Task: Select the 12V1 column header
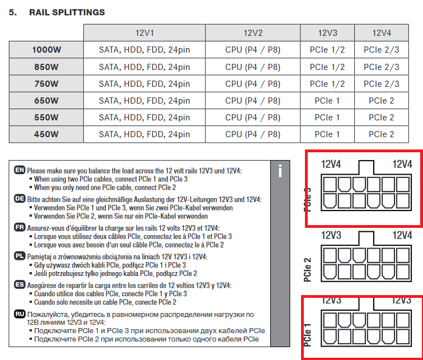(x=144, y=33)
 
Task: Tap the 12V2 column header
(x=252, y=33)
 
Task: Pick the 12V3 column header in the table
(x=327, y=33)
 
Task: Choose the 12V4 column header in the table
(x=382, y=33)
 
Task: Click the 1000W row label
(x=45, y=50)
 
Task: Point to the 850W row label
(x=45, y=67)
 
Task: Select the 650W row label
(x=45, y=101)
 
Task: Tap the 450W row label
(x=45, y=134)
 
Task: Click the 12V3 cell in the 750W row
(x=327, y=84)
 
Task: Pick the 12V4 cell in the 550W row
(x=382, y=118)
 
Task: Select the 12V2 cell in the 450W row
(x=252, y=134)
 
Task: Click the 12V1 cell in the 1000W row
(x=144, y=50)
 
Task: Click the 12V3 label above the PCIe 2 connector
(x=331, y=236)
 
